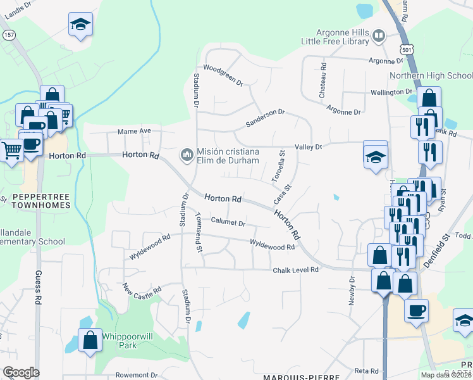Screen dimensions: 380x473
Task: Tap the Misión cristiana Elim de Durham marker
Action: (187, 155)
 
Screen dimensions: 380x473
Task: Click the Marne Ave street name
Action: (135, 131)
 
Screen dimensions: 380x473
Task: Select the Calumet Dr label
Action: (228, 223)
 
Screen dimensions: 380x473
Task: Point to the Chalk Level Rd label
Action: (295, 270)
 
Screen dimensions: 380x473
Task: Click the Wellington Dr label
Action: (391, 92)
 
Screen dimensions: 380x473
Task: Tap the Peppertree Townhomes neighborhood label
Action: (35, 202)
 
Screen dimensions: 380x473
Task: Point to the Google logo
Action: (21, 372)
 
